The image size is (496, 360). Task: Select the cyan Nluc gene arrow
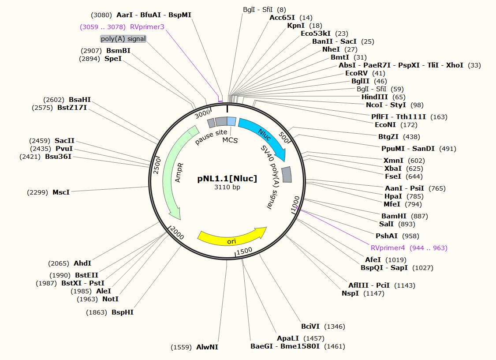[264, 137]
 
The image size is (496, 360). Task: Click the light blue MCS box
[231, 121]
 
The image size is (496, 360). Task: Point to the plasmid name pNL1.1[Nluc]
[227, 179]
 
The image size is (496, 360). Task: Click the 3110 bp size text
[227, 187]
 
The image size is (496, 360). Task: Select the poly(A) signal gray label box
[123, 39]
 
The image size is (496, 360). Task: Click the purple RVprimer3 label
[147, 27]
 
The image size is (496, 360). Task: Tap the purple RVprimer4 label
[388, 248]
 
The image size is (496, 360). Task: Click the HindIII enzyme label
[375, 97]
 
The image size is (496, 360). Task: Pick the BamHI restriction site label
[394, 216]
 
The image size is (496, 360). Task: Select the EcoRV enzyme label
[356, 73]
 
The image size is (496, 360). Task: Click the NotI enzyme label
[110, 299]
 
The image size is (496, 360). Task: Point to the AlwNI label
[207, 347]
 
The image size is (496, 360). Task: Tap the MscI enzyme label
[61, 192]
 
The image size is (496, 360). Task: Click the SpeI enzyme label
[113, 59]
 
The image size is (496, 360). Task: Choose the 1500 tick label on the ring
[244, 251]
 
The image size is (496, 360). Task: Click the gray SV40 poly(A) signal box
[287, 174]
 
